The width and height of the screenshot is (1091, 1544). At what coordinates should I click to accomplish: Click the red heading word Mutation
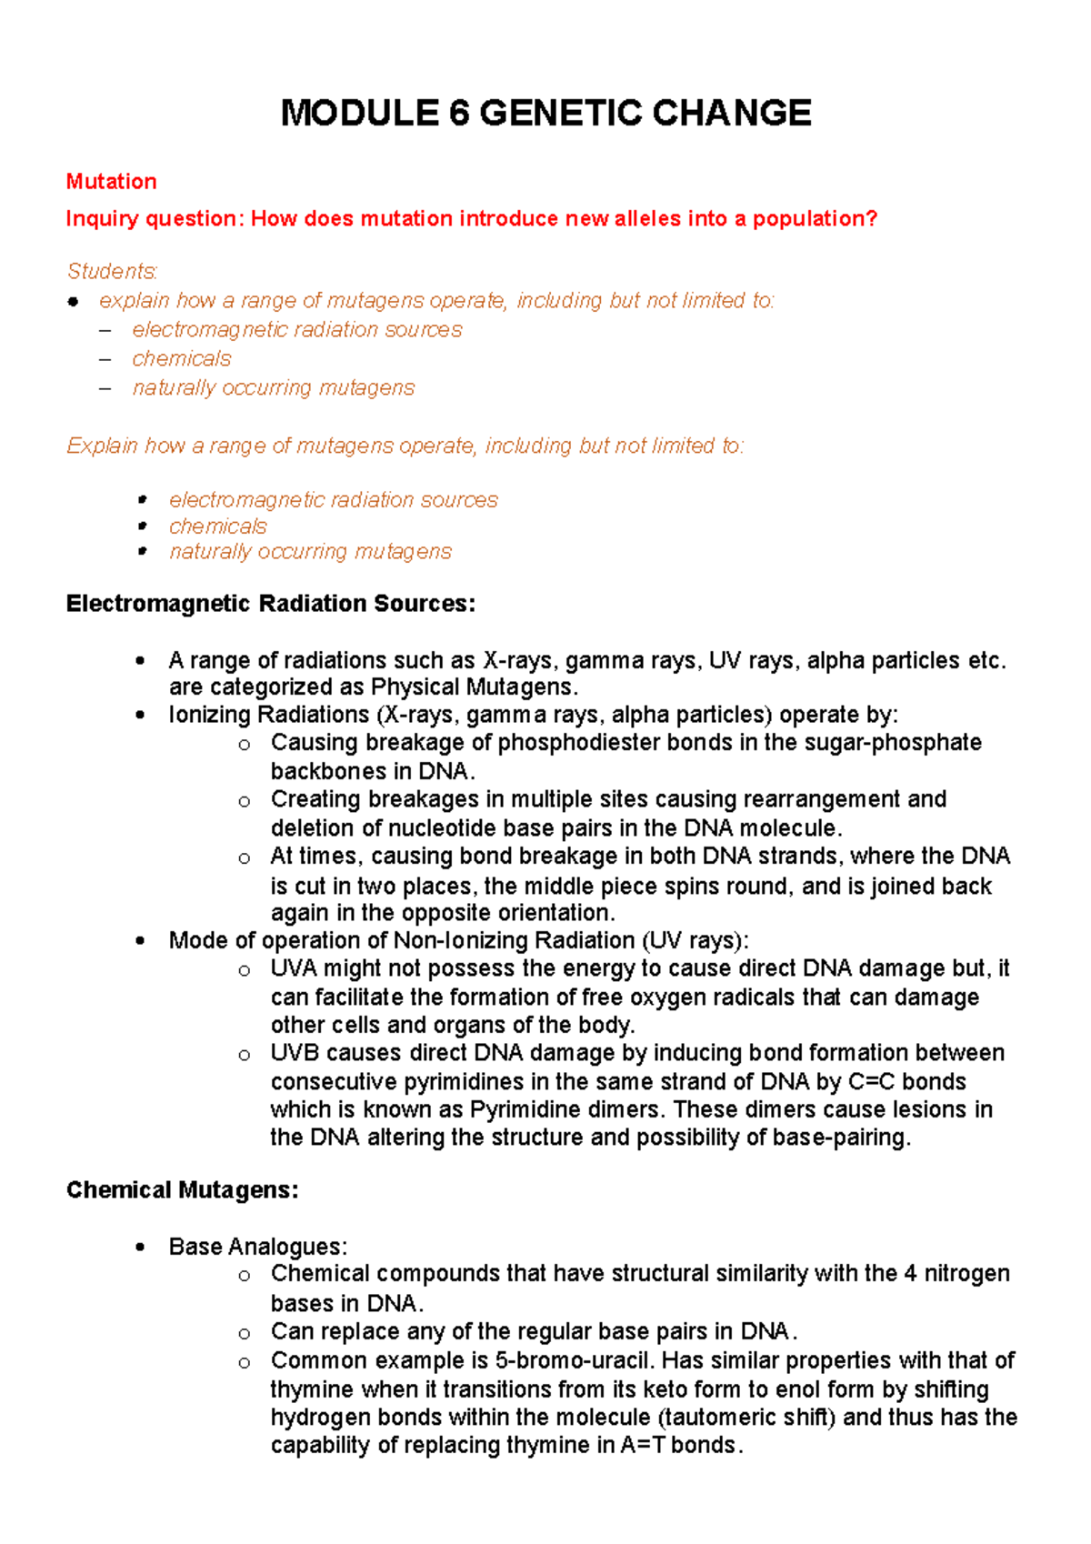coord(111,182)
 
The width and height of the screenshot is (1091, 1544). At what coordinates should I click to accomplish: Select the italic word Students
coord(112,272)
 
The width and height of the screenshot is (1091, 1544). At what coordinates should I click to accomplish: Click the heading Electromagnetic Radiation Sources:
coord(270,604)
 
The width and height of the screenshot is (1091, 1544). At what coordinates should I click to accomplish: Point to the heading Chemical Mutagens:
coord(182,1190)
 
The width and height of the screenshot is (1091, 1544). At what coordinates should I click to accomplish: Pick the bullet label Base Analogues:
coord(257,1247)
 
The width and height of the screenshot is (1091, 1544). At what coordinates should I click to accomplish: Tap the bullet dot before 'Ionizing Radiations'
coord(139,716)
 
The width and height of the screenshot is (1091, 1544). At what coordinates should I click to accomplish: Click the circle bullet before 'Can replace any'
coord(244,1334)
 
